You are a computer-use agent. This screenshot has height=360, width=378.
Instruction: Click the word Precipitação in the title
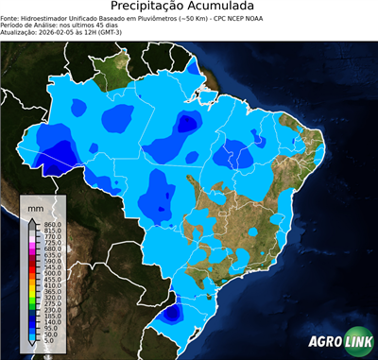point(156,7)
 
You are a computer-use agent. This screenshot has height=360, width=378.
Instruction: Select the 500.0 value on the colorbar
point(53,273)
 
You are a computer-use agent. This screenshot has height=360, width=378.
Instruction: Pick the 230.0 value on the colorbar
point(53,309)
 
